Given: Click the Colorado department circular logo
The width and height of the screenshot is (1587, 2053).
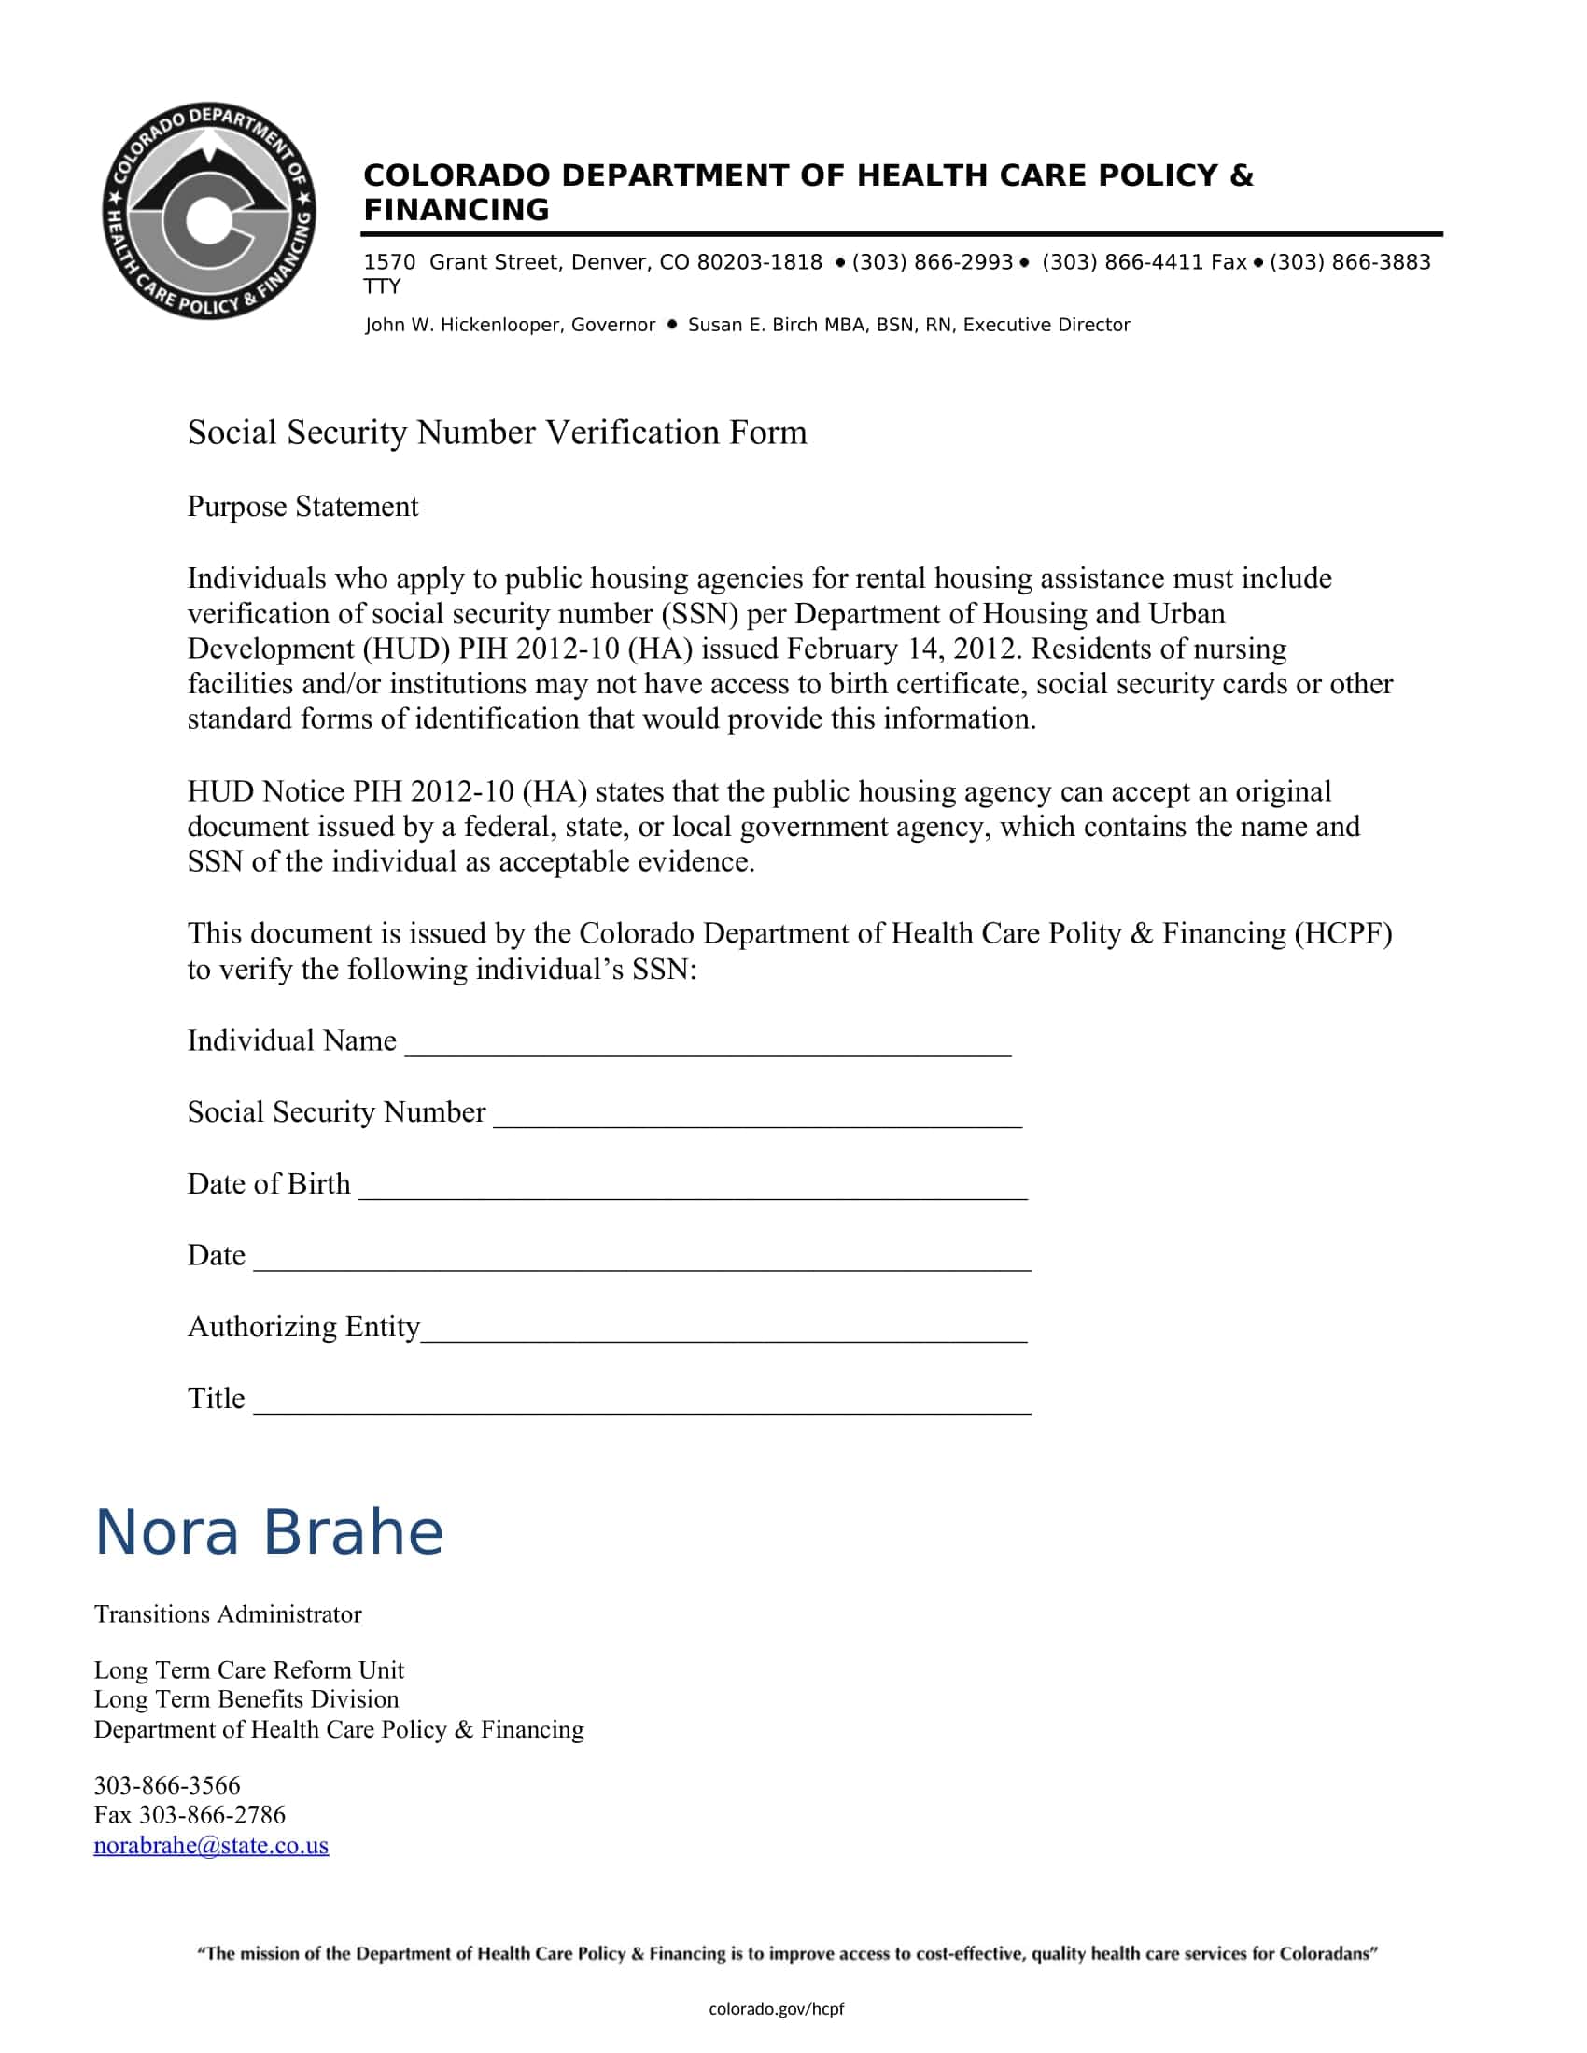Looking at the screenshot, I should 209,211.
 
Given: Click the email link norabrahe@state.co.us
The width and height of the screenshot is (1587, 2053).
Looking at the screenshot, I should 211,1845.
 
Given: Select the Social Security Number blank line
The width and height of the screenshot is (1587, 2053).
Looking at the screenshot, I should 757,1123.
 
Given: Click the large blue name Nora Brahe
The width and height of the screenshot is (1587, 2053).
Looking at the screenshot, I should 269,1532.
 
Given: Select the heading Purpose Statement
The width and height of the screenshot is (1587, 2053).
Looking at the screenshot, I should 302,507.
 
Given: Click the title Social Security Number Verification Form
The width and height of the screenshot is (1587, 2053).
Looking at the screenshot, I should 497,432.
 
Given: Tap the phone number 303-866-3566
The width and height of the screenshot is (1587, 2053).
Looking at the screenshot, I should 167,1785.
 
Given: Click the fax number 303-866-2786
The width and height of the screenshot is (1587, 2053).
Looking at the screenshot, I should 212,1814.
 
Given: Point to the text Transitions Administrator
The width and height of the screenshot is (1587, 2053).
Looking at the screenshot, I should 228,1614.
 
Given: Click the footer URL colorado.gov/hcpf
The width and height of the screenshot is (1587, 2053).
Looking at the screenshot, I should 776,2009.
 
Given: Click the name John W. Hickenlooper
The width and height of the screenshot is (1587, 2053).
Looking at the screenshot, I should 464,326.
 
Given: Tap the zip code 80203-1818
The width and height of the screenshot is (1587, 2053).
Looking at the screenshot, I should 759,262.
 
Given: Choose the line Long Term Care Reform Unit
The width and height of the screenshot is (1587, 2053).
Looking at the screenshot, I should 248,1670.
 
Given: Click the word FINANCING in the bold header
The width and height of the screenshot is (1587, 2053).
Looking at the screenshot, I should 456,210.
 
